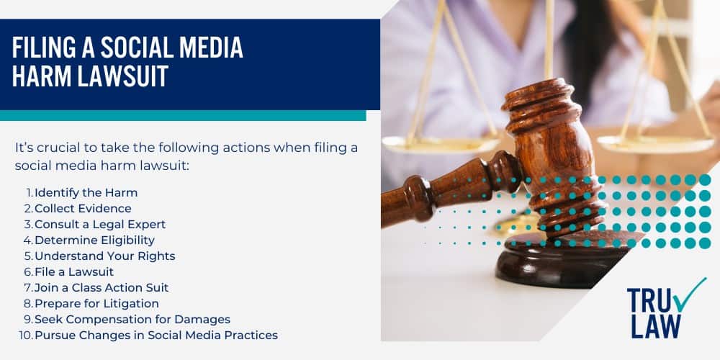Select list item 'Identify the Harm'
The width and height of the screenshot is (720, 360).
click(x=86, y=192)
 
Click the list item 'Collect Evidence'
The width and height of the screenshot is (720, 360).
click(x=83, y=208)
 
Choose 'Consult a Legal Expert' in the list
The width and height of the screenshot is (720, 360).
click(x=100, y=224)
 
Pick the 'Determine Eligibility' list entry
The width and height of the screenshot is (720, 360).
click(x=94, y=240)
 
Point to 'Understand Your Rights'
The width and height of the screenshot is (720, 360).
click(x=104, y=256)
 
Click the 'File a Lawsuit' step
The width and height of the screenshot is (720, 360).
click(x=74, y=271)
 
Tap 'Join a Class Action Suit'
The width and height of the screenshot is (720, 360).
click(x=102, y=287)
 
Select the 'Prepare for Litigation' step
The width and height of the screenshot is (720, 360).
click(x=96, y=303)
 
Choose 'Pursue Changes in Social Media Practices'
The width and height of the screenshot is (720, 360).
click(x=156, y=335)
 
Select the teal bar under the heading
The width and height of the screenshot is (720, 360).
click(x=183, y=115)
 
